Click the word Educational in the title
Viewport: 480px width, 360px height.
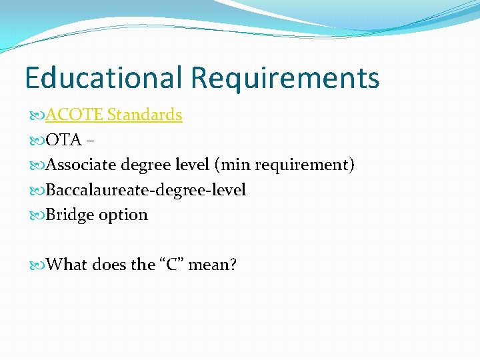[x=104, y=78]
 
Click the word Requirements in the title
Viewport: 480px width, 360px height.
[x=285, y=78]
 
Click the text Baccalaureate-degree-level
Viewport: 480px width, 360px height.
[x=147, y=190]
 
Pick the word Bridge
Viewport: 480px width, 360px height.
[x=70, y=215]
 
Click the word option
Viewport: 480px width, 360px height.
[x=123, y=215]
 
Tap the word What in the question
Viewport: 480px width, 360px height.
[x=67, y=265]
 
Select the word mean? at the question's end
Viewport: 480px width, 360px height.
[x=213, y=265]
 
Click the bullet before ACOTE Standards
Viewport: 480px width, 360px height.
[x=37, y=115]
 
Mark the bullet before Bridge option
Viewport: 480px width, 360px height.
[x=37, y=215]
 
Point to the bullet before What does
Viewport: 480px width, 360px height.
[x=37, y=265]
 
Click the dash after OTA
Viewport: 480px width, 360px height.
[x=91, y=141]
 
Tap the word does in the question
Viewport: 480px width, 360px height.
[x=109, y=265]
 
